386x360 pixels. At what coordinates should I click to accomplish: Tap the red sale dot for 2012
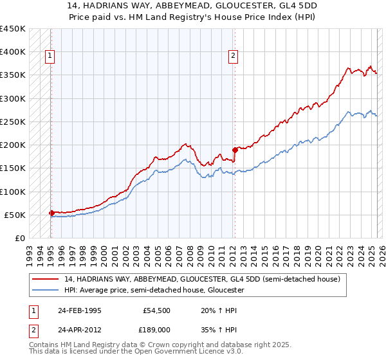coord(235,150)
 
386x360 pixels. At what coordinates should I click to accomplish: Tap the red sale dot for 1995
coord(51,213)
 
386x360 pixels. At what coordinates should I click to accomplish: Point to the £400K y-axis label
coord(12,52)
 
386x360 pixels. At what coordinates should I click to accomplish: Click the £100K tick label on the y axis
coord(12,192)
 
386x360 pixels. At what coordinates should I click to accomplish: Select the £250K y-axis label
coord(12,122)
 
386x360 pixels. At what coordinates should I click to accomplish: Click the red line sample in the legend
coord(46,279)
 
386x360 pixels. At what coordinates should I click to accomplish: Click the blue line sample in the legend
coord(46,290)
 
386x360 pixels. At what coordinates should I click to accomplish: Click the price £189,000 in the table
coord(157,330)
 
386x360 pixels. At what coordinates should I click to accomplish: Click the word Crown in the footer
coord(160,345)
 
